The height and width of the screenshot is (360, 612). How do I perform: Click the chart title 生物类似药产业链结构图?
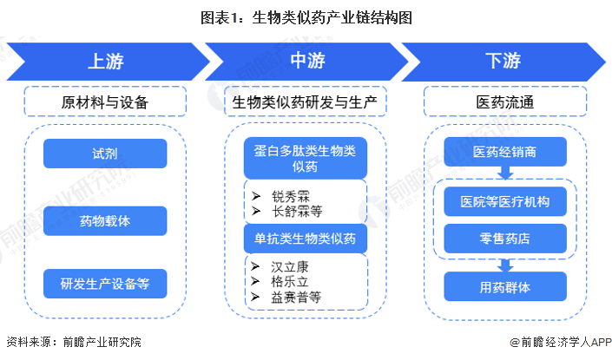(306, 16)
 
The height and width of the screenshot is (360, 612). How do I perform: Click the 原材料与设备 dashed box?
(105, 102)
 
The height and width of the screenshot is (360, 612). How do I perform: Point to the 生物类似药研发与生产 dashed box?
(305, 102)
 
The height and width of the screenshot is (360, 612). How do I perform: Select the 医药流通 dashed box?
(504, 102)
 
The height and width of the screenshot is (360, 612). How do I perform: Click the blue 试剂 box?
(105, 154)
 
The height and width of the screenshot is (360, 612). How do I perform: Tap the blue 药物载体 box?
(105, 219)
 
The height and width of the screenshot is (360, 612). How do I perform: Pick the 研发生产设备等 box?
(105, 283)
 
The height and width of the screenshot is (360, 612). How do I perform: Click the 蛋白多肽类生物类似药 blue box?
(305, 159)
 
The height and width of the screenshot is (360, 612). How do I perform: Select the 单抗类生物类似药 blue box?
(305, 237)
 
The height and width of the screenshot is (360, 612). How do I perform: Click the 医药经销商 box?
(504, 152)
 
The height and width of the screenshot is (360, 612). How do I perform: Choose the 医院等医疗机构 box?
(504, 202)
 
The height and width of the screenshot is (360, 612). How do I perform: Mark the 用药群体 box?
(504, 285)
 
